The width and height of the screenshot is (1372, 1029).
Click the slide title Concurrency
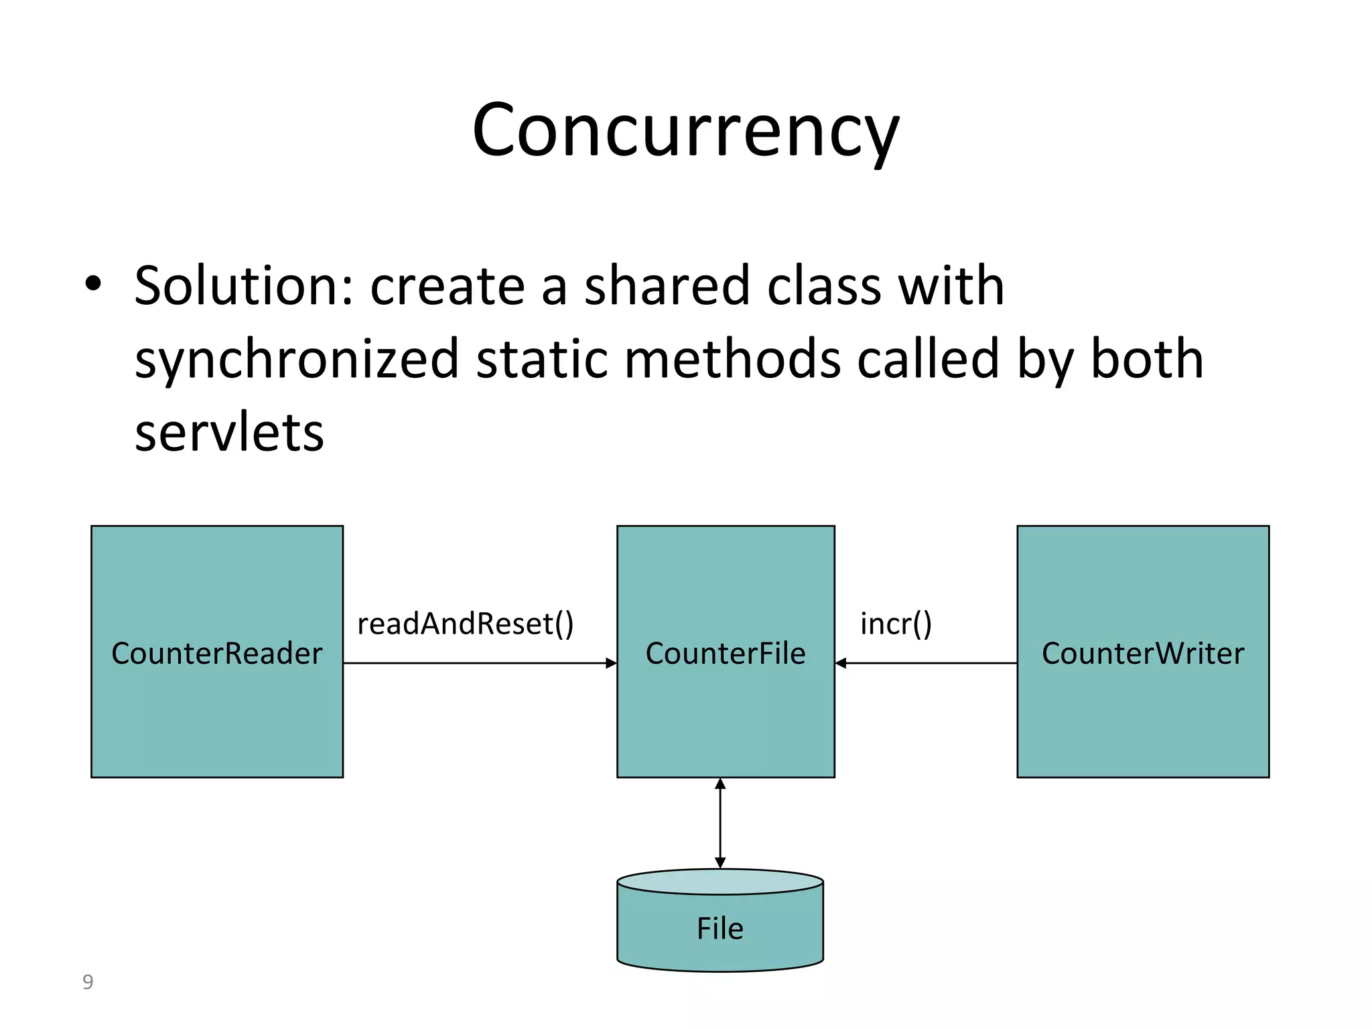685,131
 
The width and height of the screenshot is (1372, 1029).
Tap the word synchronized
296,360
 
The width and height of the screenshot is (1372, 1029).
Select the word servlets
229,432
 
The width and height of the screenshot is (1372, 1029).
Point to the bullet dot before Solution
93,285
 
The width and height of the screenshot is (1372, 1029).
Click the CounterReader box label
216,653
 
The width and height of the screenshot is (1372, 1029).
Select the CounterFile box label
726,653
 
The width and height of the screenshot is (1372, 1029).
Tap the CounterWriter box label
1143,653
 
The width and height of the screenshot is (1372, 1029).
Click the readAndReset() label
465,624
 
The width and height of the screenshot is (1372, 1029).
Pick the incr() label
896,624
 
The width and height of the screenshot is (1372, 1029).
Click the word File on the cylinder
719,929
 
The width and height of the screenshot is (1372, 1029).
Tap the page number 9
87,982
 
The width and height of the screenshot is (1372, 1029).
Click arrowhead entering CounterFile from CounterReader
611,663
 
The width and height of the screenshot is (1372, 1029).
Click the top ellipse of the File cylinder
719,882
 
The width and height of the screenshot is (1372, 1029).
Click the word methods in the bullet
732,359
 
